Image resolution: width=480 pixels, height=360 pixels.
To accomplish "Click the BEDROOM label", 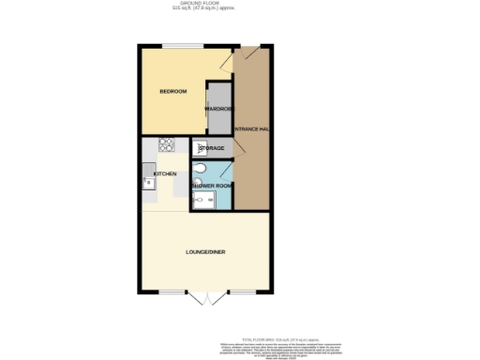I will pyautogui.click(x=172, y=91).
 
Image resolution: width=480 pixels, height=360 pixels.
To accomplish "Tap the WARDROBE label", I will pyautogui.click(x=218, y=109).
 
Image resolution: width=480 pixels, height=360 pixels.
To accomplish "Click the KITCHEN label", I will pyautogui.click(x=165, y=174).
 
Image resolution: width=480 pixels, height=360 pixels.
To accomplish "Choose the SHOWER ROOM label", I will pyautogui.click(x=211, y=186).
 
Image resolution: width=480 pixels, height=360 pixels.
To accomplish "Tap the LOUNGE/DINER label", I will pyautogui.click(x=205, y=252).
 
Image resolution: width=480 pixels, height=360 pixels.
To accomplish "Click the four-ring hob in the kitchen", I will pyautogui.click(x=166, y=144).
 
